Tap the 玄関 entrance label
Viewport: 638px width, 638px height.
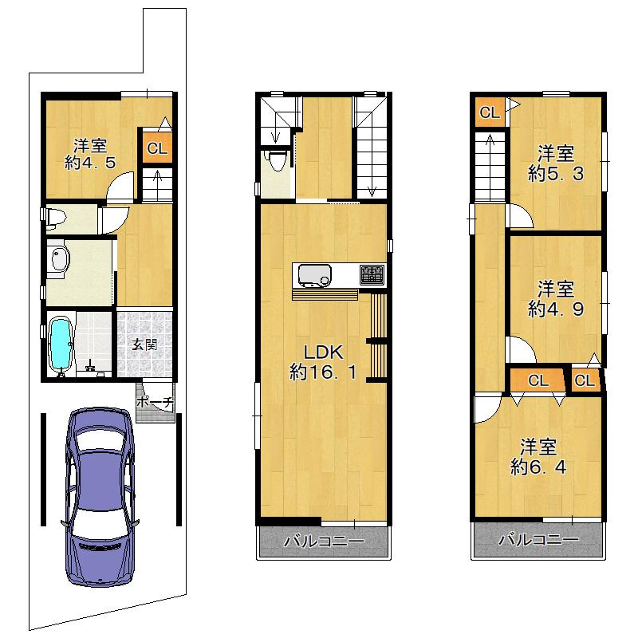(x=144, y=345)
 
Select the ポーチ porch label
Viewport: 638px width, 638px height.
(x=155, y=402)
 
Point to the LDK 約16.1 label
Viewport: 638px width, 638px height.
(x=324, y=362)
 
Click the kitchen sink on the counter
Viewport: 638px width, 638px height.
(x=315, y=275)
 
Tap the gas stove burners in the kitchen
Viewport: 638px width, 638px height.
(x=372, y=274)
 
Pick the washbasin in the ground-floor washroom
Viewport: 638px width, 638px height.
(x=61, y=259)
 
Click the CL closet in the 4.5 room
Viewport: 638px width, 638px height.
(x=157, y=148)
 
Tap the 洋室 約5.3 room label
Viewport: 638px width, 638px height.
(x=556, y=163)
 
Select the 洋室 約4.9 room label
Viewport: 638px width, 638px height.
(x=556, y=299)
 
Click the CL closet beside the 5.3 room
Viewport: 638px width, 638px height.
(x=490, y=112)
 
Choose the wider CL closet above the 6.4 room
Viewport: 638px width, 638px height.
(x=538, y=381)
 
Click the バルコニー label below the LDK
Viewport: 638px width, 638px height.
(x=324, y=542)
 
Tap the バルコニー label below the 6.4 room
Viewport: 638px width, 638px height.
(x=539, y=540)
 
